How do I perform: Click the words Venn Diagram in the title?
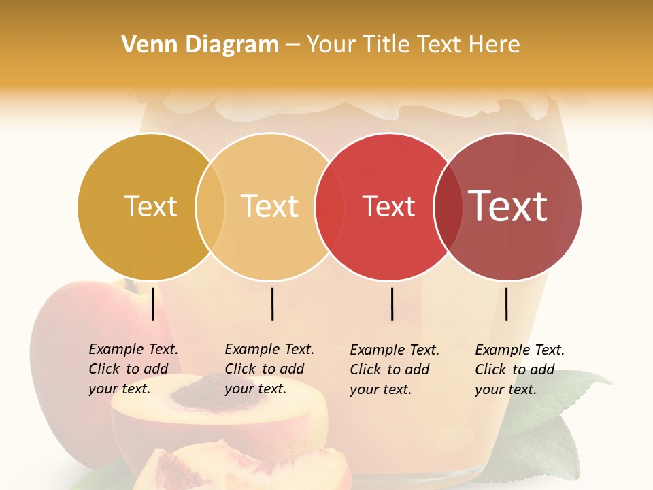point(200,45)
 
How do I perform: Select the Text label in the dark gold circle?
point(150,207)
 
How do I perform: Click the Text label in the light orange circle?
point(269,206)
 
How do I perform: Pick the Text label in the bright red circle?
point(388,207)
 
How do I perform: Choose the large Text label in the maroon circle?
point(507,206)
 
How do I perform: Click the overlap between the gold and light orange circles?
point(210,207)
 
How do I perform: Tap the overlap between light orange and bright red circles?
point(329,207)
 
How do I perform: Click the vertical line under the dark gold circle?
point(153,304)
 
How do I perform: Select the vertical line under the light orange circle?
point(272,304)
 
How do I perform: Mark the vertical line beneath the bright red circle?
point(392,304)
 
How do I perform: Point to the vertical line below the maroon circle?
point(506,304)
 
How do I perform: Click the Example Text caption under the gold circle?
point(133,369)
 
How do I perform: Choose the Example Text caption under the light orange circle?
point(269,369)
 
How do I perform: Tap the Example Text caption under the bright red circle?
point(394,370)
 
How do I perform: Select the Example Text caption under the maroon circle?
point(519,370)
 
